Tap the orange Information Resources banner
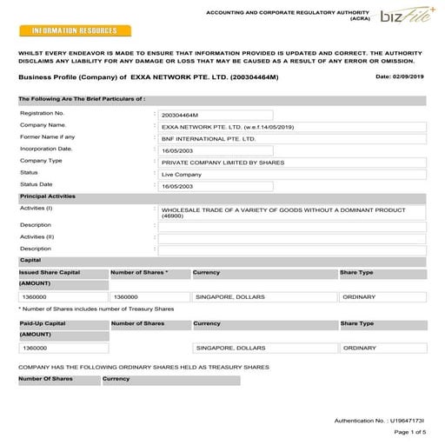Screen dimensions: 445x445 (74, 30)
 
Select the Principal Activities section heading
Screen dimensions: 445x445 (47, 196)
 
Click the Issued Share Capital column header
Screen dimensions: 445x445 (50, 273)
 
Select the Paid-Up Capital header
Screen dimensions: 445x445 (43, 323)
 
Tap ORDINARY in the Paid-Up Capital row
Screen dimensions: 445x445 (360, 348)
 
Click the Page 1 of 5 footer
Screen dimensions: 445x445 (410, 432)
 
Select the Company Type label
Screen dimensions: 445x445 (41, 161)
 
